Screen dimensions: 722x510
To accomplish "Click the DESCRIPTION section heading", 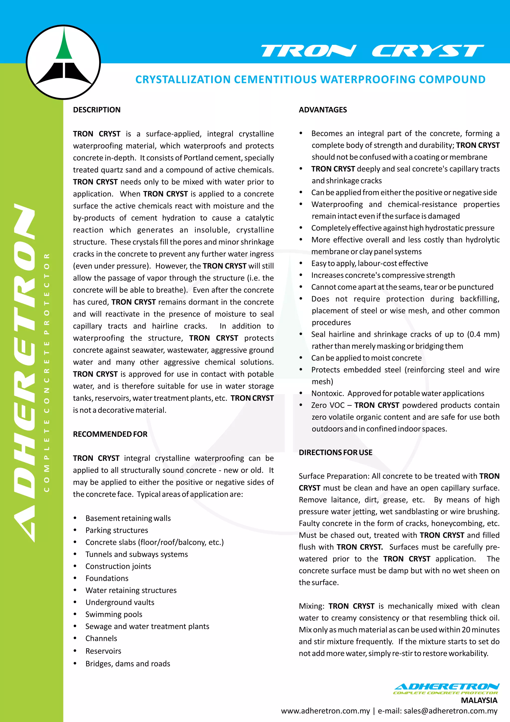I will click(x=97, y=110).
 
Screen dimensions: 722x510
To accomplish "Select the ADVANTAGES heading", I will click(x=322, y=110).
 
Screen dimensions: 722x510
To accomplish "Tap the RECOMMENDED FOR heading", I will click(x=110, y=434).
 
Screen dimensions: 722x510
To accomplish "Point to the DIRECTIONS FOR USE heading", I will click(x=335, y=452).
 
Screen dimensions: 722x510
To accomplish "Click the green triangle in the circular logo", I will click(x=64, y=47).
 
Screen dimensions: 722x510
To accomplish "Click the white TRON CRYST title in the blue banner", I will click(x=372, y=51).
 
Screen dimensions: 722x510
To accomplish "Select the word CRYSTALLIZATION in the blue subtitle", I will click(x=183, y=80).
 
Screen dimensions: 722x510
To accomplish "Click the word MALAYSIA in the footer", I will click(x=479, y=700).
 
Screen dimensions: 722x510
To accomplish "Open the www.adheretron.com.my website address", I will click(x=325, y=711).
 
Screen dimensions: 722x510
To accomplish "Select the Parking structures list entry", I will click(x=117, y=530).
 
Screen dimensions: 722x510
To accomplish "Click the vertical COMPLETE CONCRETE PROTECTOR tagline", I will click(x=47, y=373).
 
